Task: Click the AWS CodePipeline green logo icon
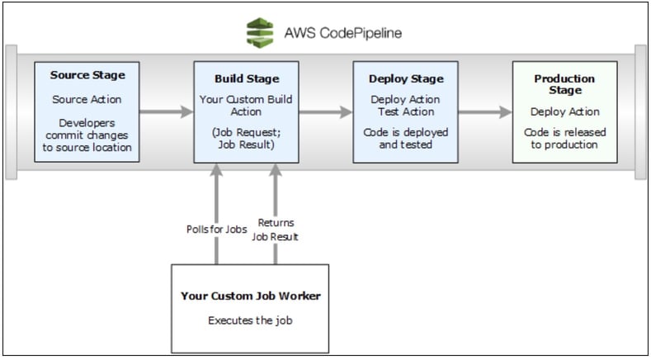(261, 33)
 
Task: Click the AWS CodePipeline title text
(342, 34)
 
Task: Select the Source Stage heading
(87, 75)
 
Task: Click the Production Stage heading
(564, 85)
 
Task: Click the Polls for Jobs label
(215, 230)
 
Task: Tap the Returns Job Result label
(276, 229)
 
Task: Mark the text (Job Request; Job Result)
(246, 137)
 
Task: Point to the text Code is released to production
(564, 138)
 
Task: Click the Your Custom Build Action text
(246, 106)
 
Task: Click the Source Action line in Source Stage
(87, 99)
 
